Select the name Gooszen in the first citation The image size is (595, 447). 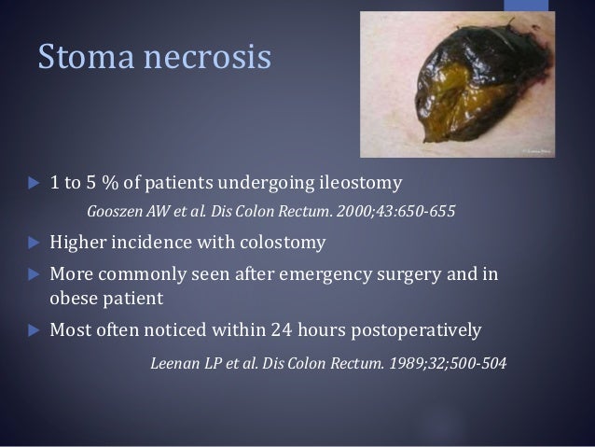(x=119, y=210)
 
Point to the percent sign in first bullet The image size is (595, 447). (x=117, y=181)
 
